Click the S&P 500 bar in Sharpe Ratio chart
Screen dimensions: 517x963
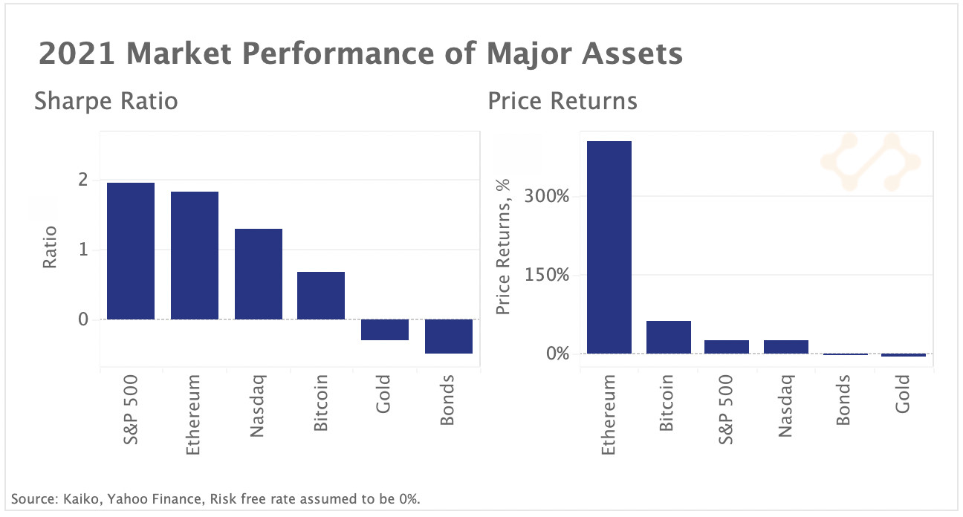[x=131, y=251]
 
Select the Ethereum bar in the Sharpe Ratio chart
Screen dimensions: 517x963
[x=195, y=256]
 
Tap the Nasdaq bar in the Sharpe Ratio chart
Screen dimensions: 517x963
[x=259, y=274]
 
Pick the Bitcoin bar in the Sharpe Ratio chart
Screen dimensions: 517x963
[x=321, y=296]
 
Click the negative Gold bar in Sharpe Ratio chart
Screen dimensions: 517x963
[x=385, y=330]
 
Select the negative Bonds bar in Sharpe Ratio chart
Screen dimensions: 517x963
[x=449, y=336]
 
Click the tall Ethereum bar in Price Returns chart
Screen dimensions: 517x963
[x=609, y=247]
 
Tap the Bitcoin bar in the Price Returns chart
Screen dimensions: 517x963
[x=669, y=337]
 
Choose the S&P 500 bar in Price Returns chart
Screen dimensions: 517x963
[x=727, y=347]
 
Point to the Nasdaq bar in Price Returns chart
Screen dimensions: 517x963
[x=786, y=347]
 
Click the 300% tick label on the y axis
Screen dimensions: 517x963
[x=547, y=197]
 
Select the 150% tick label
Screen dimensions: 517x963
[x=547, y=276]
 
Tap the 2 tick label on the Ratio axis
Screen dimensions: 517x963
[x=82, y=180]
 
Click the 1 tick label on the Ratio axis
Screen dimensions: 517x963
[x=82, y=250]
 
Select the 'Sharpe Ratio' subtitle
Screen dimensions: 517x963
[x=106, y=100]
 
